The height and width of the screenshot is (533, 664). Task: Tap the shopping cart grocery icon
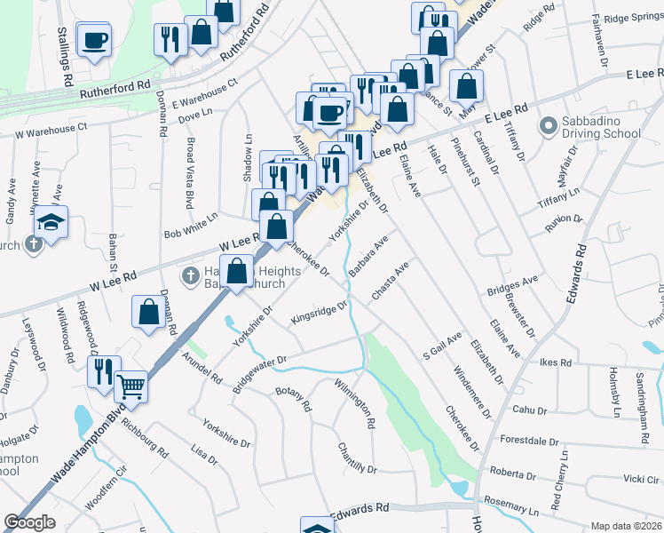tap(131, 386)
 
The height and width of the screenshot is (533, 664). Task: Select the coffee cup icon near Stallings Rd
tap(94, 39)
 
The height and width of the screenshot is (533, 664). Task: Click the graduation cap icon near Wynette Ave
tap(52, 222)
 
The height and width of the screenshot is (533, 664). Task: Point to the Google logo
tap(29, 522)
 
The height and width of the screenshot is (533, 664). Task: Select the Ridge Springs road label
tap(633, 18)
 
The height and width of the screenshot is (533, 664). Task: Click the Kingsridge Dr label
tap(319, 313)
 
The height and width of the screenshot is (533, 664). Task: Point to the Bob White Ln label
tap(191, 226)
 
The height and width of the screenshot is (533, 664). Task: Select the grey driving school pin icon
tap(548, 128)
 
